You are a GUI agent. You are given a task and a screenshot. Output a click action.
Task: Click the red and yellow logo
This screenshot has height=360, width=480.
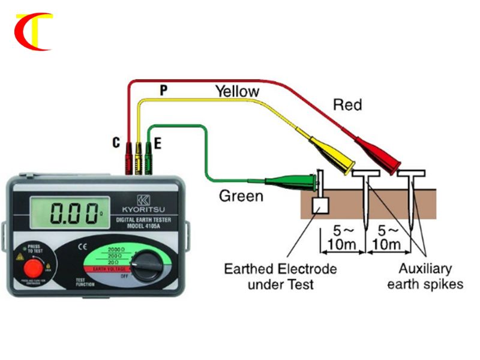coord(34,31)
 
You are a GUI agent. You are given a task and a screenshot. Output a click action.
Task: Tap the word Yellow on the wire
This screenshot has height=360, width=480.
coord(238,91)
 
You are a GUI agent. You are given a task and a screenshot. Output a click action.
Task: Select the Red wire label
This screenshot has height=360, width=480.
coord(347,105)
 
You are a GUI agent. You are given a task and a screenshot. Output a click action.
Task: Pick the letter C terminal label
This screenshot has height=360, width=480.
coord(116,143)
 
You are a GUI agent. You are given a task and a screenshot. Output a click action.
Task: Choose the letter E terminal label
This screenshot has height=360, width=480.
coord(157,143)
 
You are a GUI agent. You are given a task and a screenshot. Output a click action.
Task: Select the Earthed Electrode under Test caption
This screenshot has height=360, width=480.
coord(280,275)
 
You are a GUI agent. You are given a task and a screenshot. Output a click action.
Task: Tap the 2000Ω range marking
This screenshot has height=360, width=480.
coord(114,249)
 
